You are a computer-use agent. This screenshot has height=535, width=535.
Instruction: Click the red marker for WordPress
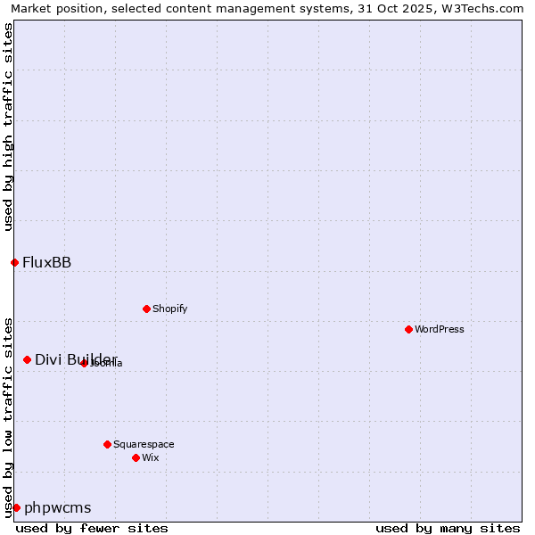point(408,329)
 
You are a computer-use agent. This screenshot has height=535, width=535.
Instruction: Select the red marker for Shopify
point(146,309)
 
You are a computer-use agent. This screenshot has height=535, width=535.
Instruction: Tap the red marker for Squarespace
point(107,444)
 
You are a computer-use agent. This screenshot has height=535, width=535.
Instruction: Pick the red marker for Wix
point(136,457)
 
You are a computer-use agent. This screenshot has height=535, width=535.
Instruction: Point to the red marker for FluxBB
point(14,262)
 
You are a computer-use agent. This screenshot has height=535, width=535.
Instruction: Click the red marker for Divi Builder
point(27,359)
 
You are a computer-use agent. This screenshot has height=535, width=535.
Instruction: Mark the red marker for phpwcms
point(16,507)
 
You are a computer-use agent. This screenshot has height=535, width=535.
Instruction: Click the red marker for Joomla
point(84,363)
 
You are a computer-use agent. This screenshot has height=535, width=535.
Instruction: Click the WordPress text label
point(440,329)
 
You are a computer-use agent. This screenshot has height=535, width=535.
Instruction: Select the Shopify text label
point(169,309)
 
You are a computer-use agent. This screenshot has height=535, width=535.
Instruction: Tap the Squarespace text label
point(144,444)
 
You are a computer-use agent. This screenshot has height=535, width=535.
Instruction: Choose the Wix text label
point(150,457)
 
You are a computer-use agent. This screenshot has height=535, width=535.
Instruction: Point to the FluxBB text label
point(47,262)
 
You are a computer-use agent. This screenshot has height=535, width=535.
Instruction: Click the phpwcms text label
point(58,508)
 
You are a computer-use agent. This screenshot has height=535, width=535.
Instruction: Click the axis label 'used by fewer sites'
point(92,528)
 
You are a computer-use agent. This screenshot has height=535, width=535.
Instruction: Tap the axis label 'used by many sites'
point(448,528)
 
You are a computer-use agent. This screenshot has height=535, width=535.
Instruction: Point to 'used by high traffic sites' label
point(8,127)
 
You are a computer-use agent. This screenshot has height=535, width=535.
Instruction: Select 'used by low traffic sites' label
point(8,416)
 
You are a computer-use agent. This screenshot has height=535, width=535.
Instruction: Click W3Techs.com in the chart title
point(481,8)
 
